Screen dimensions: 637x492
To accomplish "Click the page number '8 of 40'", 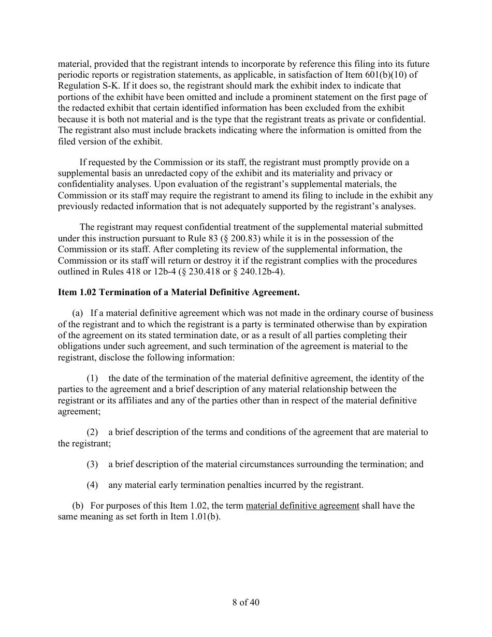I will coord(245,602).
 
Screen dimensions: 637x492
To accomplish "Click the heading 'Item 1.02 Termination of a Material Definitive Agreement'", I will coord(179,293).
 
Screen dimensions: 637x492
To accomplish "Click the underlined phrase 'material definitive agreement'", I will coord(302,505).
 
